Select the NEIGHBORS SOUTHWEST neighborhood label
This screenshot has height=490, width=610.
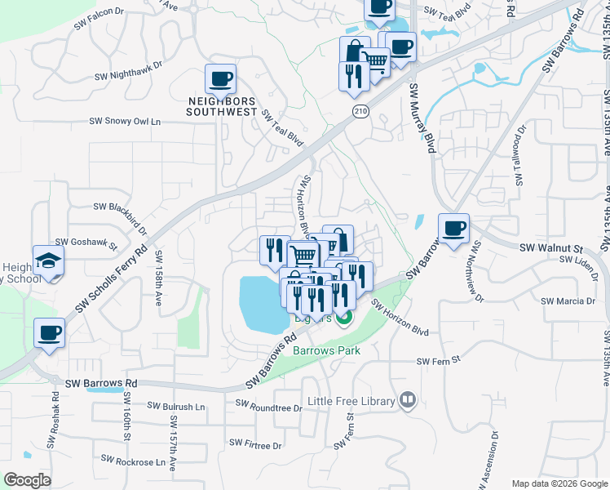pos(222,106)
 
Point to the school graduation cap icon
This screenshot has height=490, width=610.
pos(49,261)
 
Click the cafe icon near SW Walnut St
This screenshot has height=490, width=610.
pos(454,228)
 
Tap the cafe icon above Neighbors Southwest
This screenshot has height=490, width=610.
pos(221,79)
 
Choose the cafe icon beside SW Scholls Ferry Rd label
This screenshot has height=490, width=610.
pos(50,334)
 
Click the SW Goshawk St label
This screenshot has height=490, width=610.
pos(87,243)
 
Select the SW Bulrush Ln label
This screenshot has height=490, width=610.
pos(178,405)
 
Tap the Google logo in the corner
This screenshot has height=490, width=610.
pos(27,480)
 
